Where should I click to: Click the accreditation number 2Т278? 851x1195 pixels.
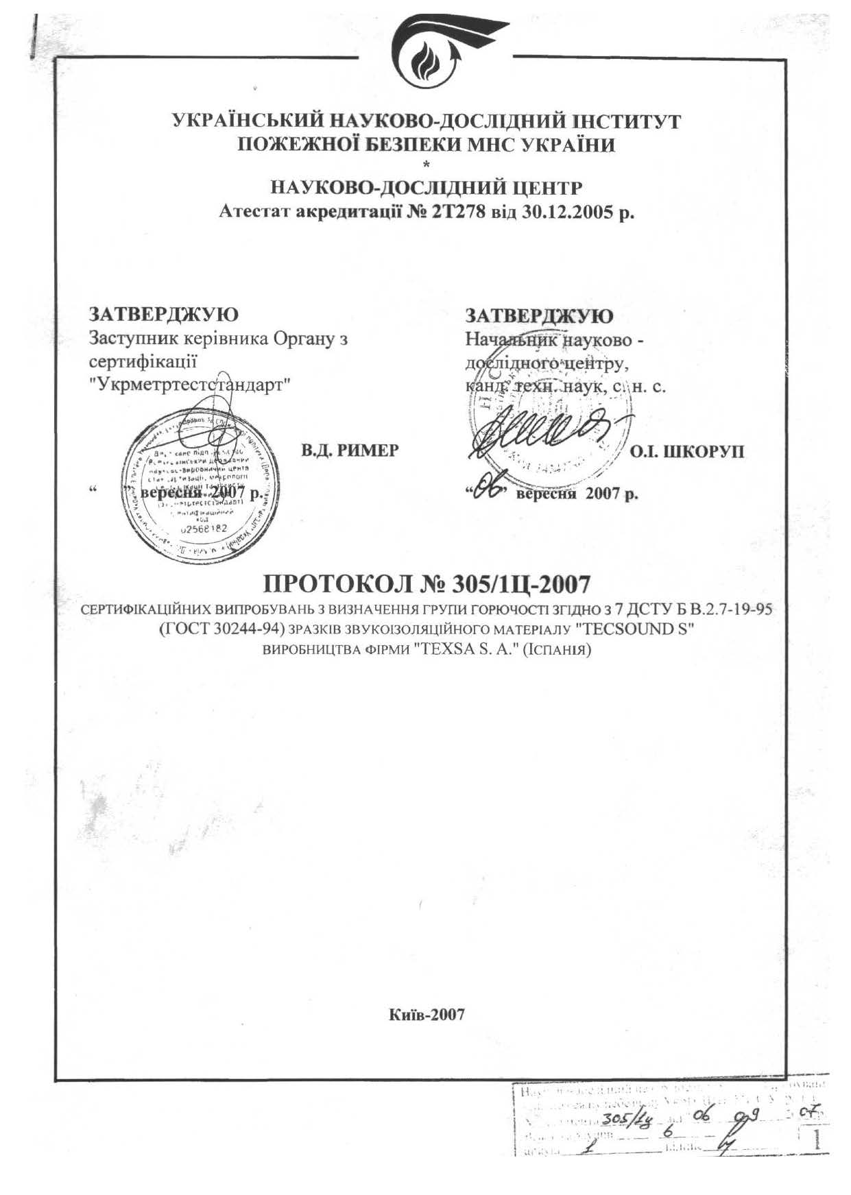tap(458, 213)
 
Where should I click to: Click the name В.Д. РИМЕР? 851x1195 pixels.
tap(350, 450)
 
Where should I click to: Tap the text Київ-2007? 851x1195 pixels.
tap(427, 1014)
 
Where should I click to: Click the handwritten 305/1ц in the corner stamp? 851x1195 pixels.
tap(621, 1114)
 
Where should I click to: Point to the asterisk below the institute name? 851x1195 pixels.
tap(427, 164)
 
